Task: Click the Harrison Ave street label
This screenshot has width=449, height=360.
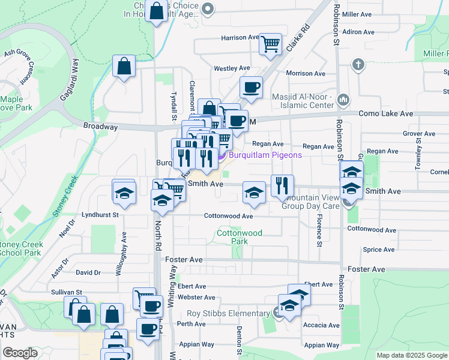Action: coord(240,38)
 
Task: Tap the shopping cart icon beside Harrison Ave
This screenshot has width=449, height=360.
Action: coord(270,43)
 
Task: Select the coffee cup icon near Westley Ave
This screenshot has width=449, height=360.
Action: coord(251,87)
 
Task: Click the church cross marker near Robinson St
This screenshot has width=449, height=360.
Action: coord(358,64)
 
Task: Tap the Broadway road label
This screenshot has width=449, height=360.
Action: coord(100,127)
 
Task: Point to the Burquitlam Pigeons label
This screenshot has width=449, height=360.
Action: coord(264,155)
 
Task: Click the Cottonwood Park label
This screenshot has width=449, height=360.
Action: coord(232,236)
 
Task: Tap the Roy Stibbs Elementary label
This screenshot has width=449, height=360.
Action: coord(228,313)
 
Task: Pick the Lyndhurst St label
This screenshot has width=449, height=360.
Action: coord(100,214)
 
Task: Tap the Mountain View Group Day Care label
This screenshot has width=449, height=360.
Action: coord(312,201)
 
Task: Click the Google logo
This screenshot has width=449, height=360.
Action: coord(20,353)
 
